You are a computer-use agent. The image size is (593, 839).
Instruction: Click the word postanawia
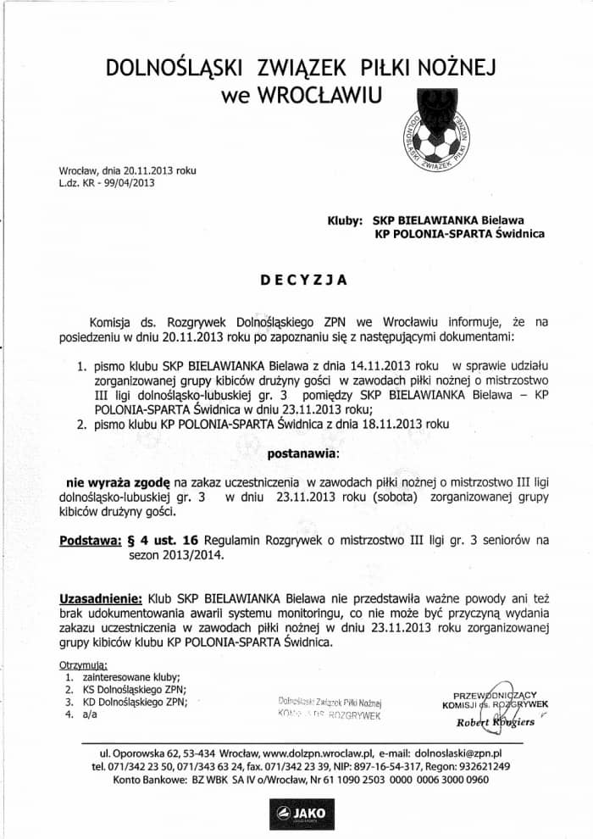coord(301,453)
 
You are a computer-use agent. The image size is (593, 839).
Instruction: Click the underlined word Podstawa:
coord(92,540)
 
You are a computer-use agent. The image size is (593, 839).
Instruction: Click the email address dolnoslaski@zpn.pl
coord(456,753)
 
